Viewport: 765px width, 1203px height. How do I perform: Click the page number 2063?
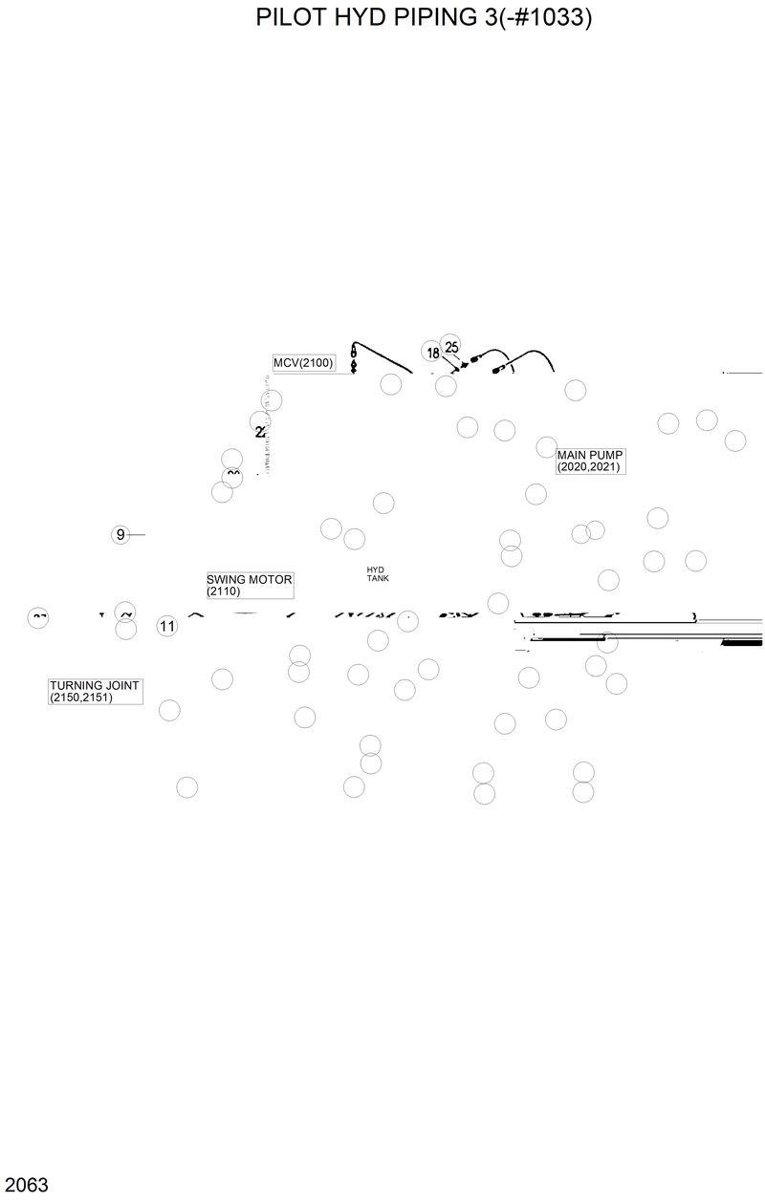[25, 1185]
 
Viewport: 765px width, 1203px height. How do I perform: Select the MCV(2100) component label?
[303, 363]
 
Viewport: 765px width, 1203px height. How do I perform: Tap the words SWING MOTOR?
[249, 579]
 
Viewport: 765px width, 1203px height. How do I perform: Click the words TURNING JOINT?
[95, 685]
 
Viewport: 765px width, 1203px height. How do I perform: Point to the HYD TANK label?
[377, 573]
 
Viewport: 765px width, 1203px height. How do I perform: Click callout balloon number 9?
[120, 534]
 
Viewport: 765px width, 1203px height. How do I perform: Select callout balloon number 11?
[167, 627]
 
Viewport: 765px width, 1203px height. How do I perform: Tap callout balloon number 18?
[433, 353]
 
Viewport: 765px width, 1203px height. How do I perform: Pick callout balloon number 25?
[451, 346]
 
